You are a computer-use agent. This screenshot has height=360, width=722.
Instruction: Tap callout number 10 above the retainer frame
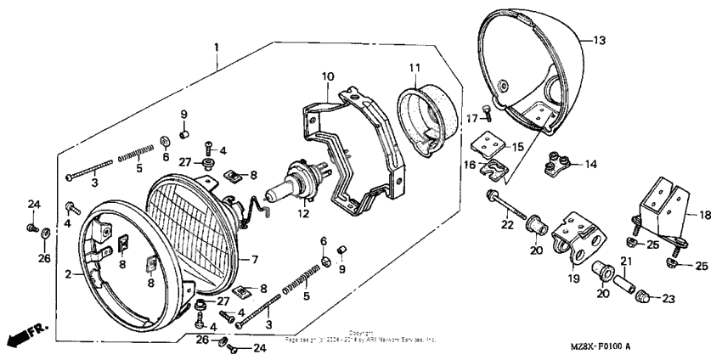tap(328, 77)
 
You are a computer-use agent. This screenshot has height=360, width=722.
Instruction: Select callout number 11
tap(414, 67)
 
